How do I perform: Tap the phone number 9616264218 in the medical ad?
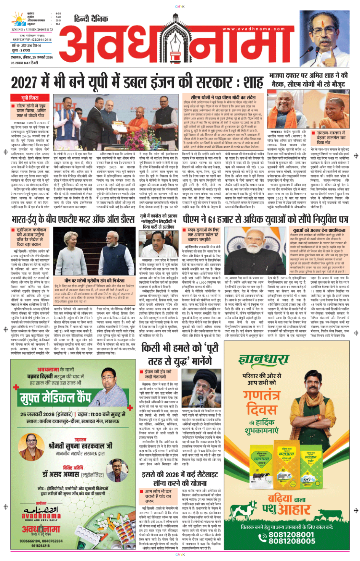(x=40, y=545)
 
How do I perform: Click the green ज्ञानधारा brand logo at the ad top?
(x=264, y=360)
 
